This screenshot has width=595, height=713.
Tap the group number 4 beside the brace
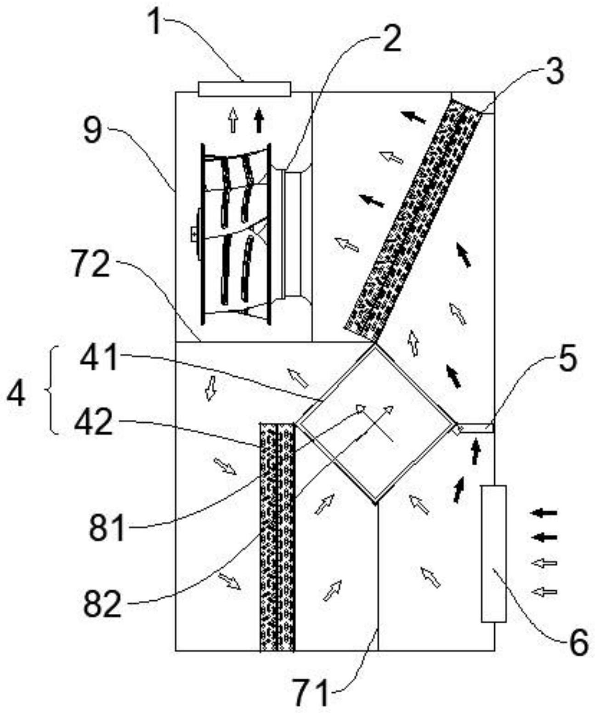[17, 394]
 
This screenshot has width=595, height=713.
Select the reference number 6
[578, 642]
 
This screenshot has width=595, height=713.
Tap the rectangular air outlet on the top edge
[244, 88]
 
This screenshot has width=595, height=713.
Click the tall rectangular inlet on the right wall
[493, 554]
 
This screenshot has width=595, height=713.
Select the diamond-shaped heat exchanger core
[376, 423]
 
